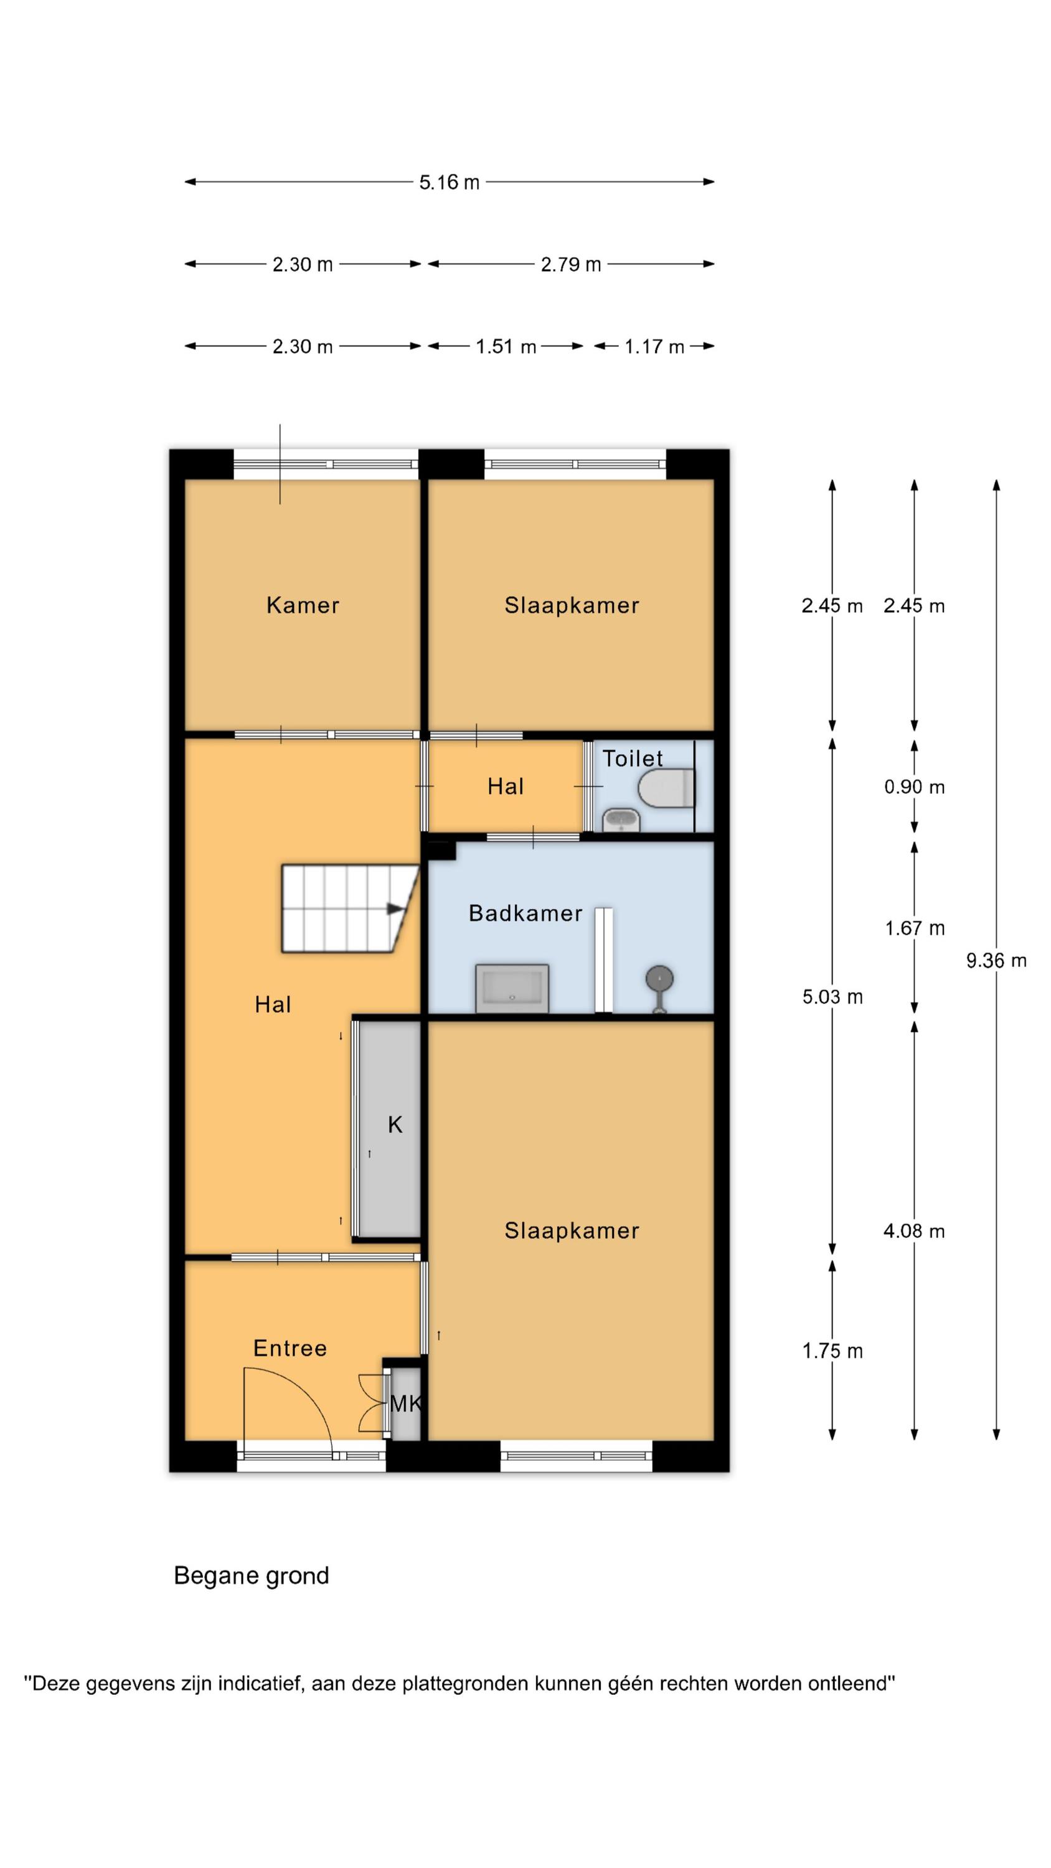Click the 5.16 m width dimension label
tap(449, 182)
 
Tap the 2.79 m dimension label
tap(571, 265)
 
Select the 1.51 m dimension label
tap(506, 347)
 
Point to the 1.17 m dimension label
tap(654, 347)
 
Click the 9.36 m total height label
tap(996, 961)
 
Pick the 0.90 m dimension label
tap(914, 787)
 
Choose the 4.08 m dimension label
tap(914, 1230)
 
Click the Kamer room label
tap(303, 605)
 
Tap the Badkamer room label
tap(525, 913)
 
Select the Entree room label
tap(290, 1348)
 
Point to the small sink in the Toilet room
tap(621, 820)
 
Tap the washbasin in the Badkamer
tap(512, 988)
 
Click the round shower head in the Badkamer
tap(659, 979)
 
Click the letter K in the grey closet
tap(395, 1125)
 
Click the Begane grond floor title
tap(252, 1576)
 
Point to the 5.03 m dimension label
tap(832, 997)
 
